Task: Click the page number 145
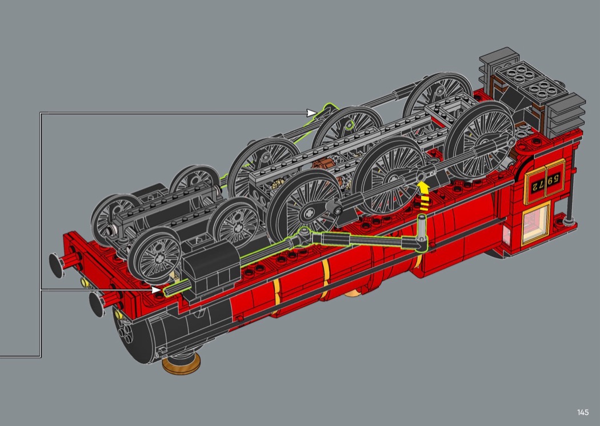point(583,412)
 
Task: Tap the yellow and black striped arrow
point(423,196)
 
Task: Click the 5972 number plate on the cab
point(545,182)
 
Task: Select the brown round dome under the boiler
point(181,364)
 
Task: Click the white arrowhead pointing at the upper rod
point(312,112)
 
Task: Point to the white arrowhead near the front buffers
point(157,290)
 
